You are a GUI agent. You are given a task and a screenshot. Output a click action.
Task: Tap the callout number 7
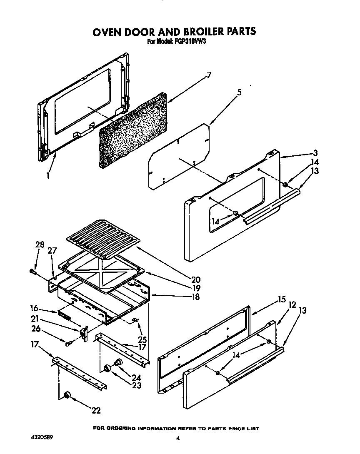[209, 75]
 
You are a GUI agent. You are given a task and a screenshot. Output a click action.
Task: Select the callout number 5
[239, 93]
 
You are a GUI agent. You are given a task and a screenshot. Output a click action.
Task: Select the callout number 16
[34, 309]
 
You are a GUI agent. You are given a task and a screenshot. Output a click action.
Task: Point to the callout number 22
[96, 410]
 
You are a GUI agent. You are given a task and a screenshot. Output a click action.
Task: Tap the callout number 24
[136, 377]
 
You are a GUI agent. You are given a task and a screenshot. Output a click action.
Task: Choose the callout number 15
[282, 299]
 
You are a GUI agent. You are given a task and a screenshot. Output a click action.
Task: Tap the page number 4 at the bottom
[178, 438]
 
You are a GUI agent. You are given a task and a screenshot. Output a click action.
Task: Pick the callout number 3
[316, 153]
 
